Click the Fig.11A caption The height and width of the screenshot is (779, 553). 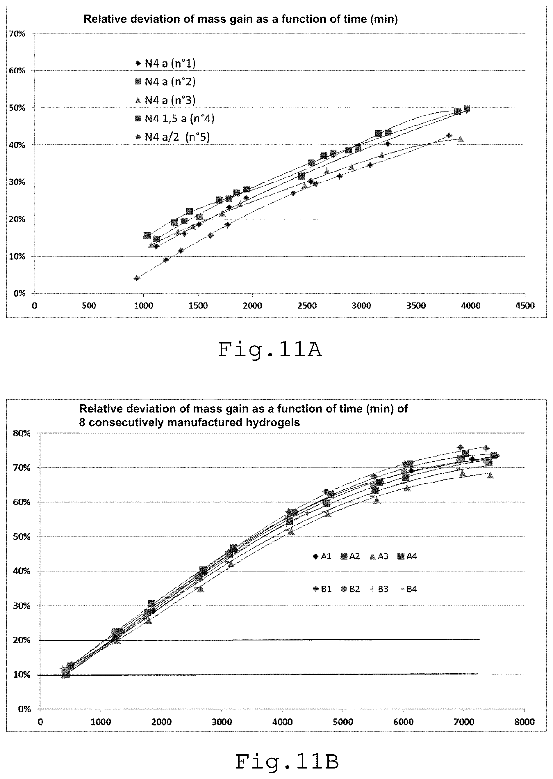[270, 350]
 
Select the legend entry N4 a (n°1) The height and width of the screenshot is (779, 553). [165, 63]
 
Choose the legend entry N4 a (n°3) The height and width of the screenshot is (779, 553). [165, 100]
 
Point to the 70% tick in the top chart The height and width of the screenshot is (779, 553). [17, 34]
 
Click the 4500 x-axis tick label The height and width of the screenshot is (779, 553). [525, 306]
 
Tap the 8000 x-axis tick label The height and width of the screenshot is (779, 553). [525, 722]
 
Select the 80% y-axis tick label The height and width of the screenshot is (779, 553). [22, 433]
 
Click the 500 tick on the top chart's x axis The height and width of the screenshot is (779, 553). [89, 306]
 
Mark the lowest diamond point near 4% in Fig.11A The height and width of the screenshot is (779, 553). [137, 278]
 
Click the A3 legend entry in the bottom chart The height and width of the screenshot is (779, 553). [379, 556]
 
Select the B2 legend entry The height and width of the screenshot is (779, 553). [350, 589]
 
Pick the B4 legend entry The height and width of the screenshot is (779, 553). [408, 589]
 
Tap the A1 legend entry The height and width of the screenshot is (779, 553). [322, 556]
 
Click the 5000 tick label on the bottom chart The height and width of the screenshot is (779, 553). [343, 722]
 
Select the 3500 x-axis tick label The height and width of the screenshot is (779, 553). [416, 306]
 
